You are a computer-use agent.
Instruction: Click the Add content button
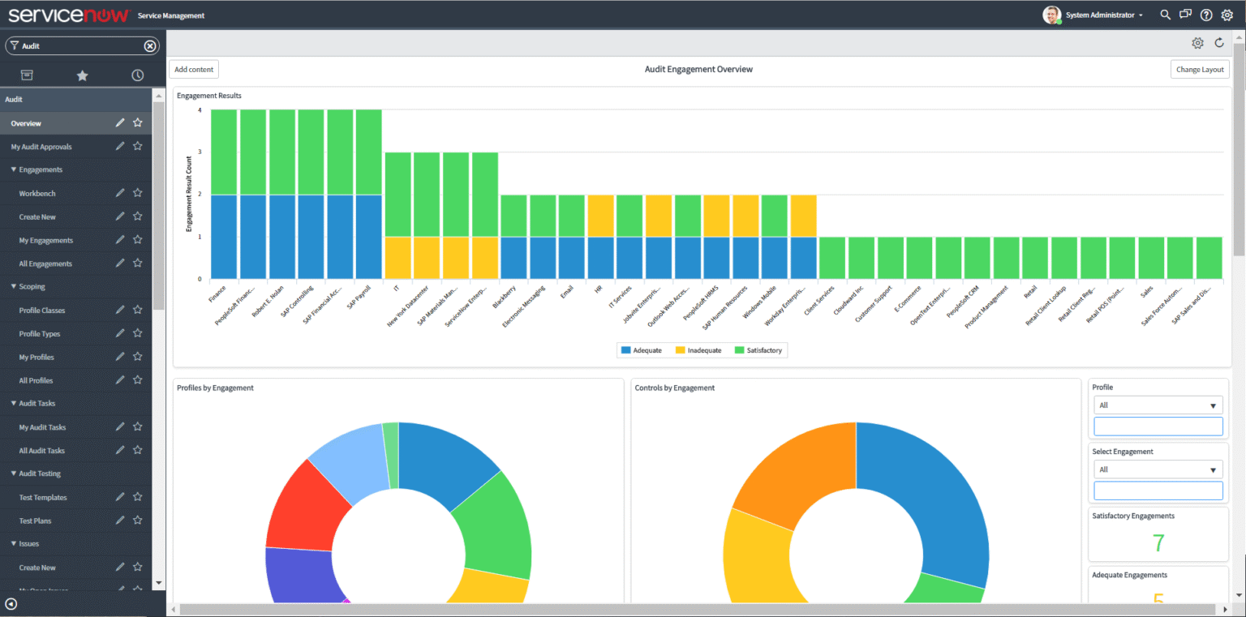[194, 70]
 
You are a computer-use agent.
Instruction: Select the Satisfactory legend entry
[758, 350]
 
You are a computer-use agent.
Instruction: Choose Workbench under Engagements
[37, 194]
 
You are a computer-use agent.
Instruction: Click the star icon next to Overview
[138, 123]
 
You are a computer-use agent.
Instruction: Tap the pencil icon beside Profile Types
[120, 333]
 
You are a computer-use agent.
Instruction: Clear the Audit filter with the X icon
[150, 46]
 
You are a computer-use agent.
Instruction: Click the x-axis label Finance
[217, 293]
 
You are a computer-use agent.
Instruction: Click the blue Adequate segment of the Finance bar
[223, 237]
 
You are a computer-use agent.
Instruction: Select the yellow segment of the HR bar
[601, 216]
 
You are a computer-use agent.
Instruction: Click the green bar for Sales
[1151, 258]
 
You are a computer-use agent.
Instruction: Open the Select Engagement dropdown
[1158, 469]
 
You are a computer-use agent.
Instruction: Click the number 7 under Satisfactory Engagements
[1158, 543]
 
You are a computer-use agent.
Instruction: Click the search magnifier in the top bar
[1165, 15]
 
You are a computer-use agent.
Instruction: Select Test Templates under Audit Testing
[43, 497]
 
